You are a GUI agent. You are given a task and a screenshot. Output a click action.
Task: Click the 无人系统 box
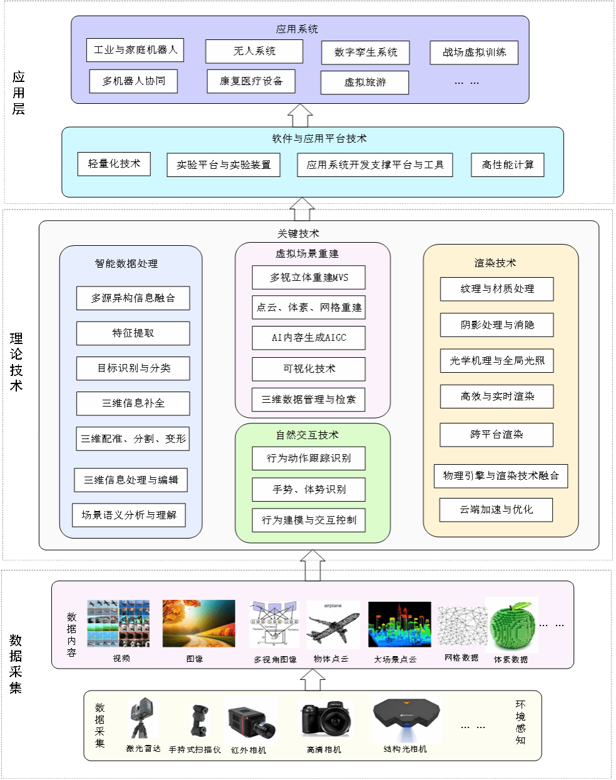pyautogui.click(x=254, y=51)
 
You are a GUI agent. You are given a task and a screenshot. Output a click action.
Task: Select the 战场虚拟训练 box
pyautogui.click(x=474, y=53)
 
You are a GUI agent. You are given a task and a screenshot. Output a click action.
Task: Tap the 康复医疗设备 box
pyautogui.click(x=251, y=81)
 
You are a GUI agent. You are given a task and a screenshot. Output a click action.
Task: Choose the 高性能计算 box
pyautogui.click(x=508, y=165)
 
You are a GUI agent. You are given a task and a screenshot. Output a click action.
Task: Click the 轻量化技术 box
pyautogui.click(x=114, y=164)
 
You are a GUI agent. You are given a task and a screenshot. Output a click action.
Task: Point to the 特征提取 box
pyautogui.click(x=133, y=333)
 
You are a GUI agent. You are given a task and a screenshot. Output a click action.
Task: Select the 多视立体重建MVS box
pyautogui.click(x=309, y=278)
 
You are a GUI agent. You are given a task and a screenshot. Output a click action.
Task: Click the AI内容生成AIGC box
pyautogui.click(x=309, y=338)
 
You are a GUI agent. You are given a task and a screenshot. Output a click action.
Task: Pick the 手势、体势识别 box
pyautogui.click(x=309, y=490)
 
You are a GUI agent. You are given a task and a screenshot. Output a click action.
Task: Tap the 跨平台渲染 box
pyautogui.click(x=496, y=435)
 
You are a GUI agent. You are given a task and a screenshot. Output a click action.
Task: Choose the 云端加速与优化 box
pyautogui.click(x=496, y=510)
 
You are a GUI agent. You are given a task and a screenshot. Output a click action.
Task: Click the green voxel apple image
pyautogui.click(x=512, y=626)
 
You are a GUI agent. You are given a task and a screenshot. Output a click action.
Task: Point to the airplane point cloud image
pyautogui.click(x=332, y=626)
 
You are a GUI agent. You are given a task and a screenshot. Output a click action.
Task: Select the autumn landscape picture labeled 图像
pyautogui.click(x=198, y=624)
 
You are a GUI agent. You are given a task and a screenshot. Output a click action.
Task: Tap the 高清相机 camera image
pyautogui.click(x=324, y=719)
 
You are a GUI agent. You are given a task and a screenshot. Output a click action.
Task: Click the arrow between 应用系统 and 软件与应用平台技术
pyautogui.click(x=300, y=116)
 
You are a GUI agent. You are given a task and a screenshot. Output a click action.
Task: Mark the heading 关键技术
pyautogui.click(x=299, y=234)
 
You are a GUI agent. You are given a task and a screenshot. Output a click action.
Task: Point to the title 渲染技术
pyautogui.click(x=495, y=263)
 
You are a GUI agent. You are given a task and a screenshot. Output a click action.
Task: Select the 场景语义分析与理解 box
pyautogui.click(x=129, y=515)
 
